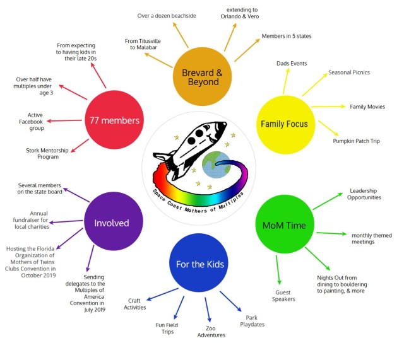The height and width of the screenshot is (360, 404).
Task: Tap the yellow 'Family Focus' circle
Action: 284,124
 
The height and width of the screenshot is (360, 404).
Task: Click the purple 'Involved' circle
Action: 111,223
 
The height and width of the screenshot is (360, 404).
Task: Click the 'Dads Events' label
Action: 292,64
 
